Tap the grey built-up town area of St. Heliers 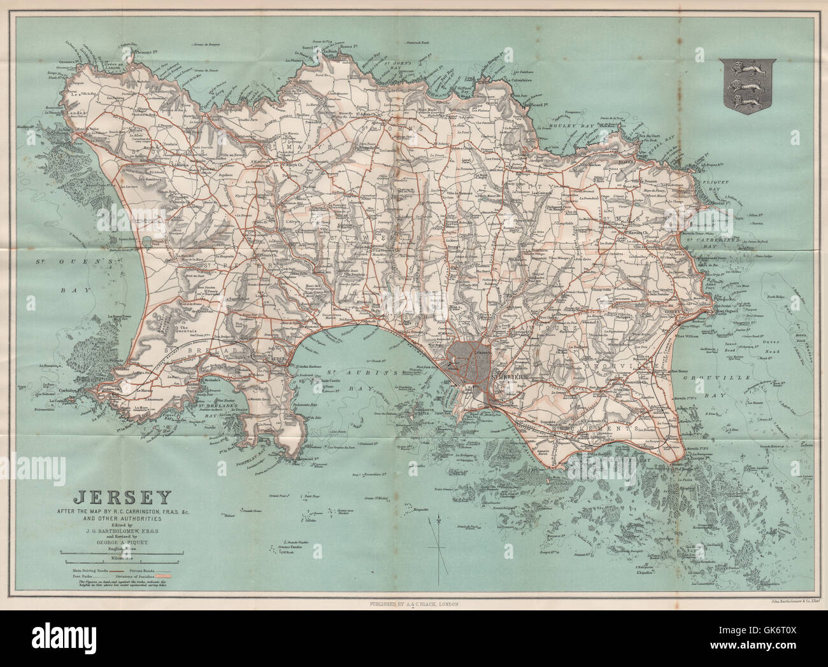[x=468, y=363]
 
